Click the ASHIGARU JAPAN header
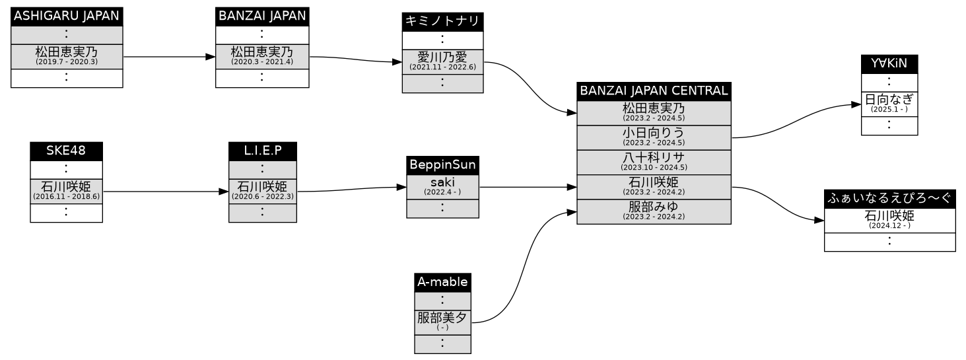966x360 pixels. click(x=67, y=17)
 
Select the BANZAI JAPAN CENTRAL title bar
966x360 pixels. click(x=653, y=90)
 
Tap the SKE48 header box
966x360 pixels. click(x=66, y=151)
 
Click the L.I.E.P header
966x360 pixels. click(x=262, y=151)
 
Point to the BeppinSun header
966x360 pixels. click(x=442, y=164)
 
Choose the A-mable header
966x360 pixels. click(x=442, y=282)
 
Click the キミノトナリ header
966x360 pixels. click(x=442, y=21)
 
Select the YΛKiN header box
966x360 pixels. click(x=889, y=63)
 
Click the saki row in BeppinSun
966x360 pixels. click(x=442, y=186)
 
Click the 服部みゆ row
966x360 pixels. click(x=653, y=211)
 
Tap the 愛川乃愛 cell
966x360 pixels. click(x=442, y=61)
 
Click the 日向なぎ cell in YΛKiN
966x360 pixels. click(x=889, y=103)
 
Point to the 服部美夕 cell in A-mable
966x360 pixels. click(x=442, y=320)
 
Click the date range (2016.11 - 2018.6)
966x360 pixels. click(x=66, y=197)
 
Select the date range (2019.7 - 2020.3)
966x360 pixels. click(x=66, y=61)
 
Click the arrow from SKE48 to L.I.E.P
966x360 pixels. click(x=165, y=192)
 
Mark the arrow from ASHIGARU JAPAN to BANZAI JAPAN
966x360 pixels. click(x=169, y=57)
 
